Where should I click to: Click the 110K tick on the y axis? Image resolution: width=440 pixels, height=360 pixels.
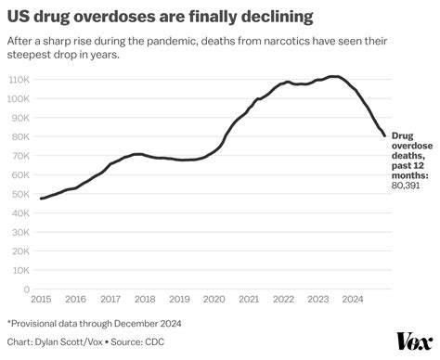coord(18,81)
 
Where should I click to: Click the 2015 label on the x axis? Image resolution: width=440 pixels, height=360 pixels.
coord(41,299)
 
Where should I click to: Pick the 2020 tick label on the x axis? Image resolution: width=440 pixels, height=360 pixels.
coord(214,299)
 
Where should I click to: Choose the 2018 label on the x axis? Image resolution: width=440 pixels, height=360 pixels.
coord(144,299)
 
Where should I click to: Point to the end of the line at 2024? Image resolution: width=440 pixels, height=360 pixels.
coord(384,136)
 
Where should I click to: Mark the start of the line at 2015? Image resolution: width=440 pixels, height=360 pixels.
coord(41,199)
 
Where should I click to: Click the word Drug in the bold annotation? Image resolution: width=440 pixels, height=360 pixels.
coord(406,135)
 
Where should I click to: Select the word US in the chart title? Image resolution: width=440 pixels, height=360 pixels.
coord(19,17)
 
